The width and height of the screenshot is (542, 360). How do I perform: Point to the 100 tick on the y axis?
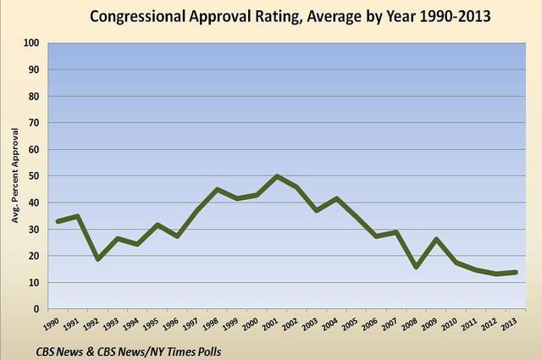click(x=31, y=43)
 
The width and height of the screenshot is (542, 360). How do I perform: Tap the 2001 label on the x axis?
click(x=274, y=324)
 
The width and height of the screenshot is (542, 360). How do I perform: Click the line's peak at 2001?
click(x=277, y=176)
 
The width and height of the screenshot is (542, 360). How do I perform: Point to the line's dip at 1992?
click(x=98, y=258)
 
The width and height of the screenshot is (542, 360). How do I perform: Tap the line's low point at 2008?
click(x=417, y=267)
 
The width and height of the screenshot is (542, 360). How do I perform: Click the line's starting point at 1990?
click(x=58, y=221)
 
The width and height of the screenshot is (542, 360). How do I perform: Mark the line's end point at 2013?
click(x=516, y=272)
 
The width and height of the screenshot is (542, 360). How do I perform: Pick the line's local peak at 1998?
click(x=218, y=189)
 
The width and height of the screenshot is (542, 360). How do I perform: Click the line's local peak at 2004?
click(x=337, y=198)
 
